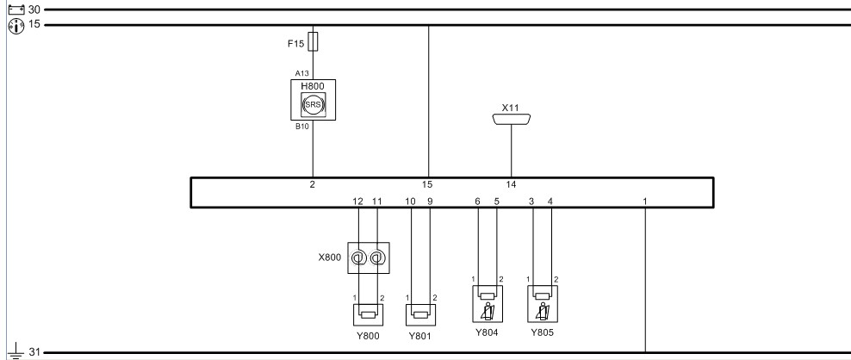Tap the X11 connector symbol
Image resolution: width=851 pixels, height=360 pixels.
coord(512,120)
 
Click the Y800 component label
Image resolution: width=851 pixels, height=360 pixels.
coord(368,336)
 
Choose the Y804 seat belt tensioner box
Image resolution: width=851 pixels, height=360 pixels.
coord(488,304)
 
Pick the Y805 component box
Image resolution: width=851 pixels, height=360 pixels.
coord(542,304)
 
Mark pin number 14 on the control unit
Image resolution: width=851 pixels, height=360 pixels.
coord(512,184)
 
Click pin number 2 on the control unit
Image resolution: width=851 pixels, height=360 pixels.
coord(313,184)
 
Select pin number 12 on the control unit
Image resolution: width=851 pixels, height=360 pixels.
coord(358,201)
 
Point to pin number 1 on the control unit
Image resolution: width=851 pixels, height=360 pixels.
coord(645,201)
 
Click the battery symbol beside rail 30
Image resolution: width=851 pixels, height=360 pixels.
coord(14,9)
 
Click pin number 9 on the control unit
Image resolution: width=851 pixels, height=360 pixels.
coord(430,201)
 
